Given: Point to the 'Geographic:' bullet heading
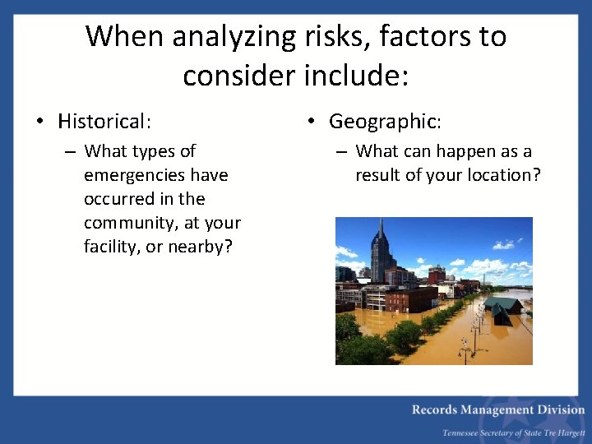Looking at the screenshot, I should point(385,122).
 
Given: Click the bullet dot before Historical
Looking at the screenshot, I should point(39,123).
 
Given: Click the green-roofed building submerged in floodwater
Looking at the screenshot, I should point(502,309).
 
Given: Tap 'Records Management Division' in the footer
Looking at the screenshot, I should point(498,409).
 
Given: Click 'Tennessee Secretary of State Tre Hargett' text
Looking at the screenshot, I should point(513,432).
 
